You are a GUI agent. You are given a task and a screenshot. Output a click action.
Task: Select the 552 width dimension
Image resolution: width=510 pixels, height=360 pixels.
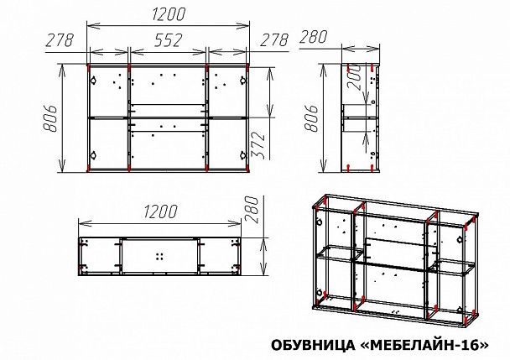pyautogui.click(x=168, y=39)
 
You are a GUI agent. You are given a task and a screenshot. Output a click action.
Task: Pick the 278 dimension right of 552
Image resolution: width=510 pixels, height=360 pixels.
pyautogui.click(x=273, y=39)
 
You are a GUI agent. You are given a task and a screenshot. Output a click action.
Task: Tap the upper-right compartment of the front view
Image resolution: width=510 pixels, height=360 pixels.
pyautogui.click(x=228, y=90)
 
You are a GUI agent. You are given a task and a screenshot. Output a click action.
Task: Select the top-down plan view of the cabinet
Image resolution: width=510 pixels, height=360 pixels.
pyautogui.click(x=162, y=254)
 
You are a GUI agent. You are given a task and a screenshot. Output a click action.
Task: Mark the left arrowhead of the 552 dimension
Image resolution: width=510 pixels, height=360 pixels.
pyautogui.click(x=132, y=52)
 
